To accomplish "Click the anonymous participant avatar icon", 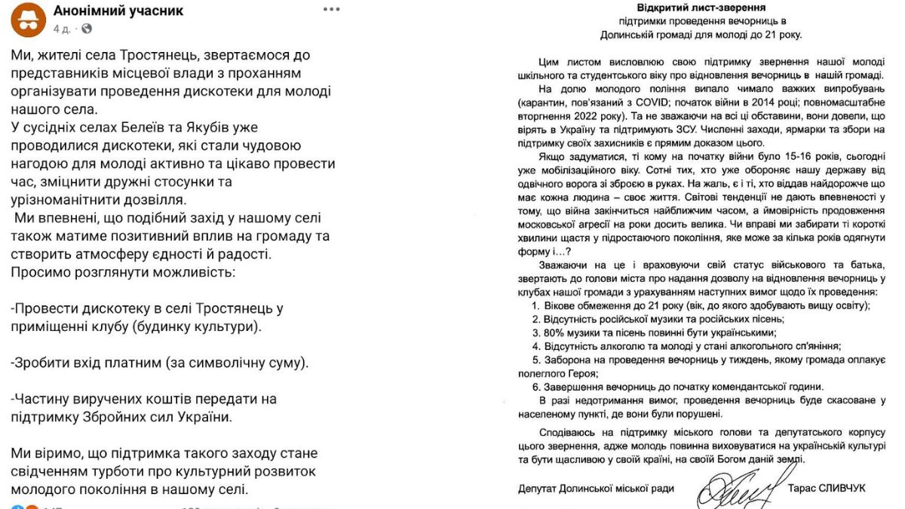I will coord(29,20).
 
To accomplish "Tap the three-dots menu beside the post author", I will coord(331,10).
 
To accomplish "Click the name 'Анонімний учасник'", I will coord(118,11).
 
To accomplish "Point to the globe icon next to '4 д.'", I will coord(87,29).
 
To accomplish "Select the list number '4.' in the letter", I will coord(535,345).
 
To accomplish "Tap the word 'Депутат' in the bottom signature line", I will coord(542,489).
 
